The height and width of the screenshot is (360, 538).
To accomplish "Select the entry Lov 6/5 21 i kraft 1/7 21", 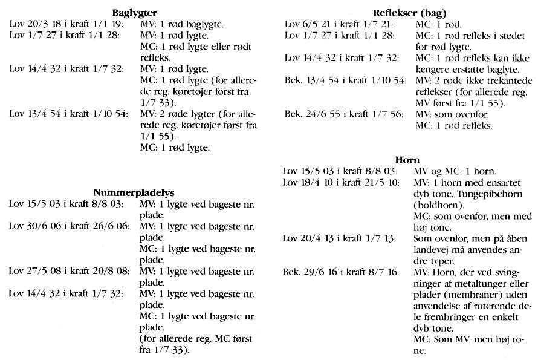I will coord(339,24).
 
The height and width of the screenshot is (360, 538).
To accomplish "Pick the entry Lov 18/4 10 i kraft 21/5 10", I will coord(341,182).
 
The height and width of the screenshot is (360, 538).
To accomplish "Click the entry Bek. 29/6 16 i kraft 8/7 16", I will coord(341,272).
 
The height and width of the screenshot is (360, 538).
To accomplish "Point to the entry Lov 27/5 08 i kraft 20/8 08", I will coord(69,271).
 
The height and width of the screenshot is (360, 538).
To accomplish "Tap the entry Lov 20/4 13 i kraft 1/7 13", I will coord(339,238).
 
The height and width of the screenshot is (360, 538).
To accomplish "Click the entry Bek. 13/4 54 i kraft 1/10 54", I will coord(345,81).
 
